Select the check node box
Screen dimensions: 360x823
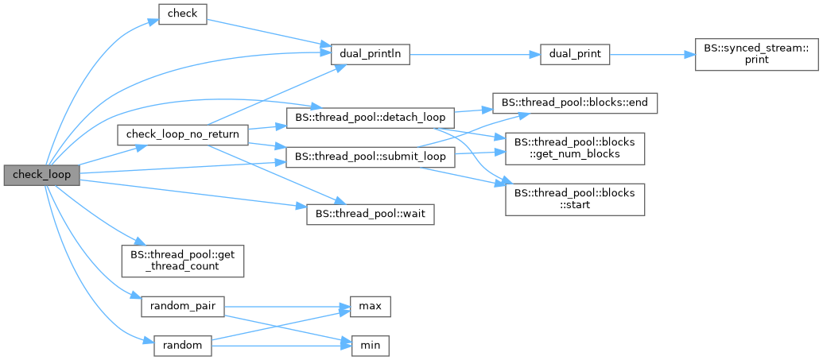(x=183, y=14)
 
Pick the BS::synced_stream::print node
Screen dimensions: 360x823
(x=735, y=54)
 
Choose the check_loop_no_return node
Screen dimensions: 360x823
(x=183, y=134)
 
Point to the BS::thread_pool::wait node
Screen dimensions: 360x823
(x=370, y=215)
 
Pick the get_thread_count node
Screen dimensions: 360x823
(x=181, y=260)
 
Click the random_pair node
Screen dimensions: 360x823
(x=182, y=305)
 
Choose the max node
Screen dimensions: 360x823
(x=370, y=305)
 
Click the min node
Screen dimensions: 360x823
(x=370, y=346)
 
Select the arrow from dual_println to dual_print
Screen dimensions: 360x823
(x=469, y=54)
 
